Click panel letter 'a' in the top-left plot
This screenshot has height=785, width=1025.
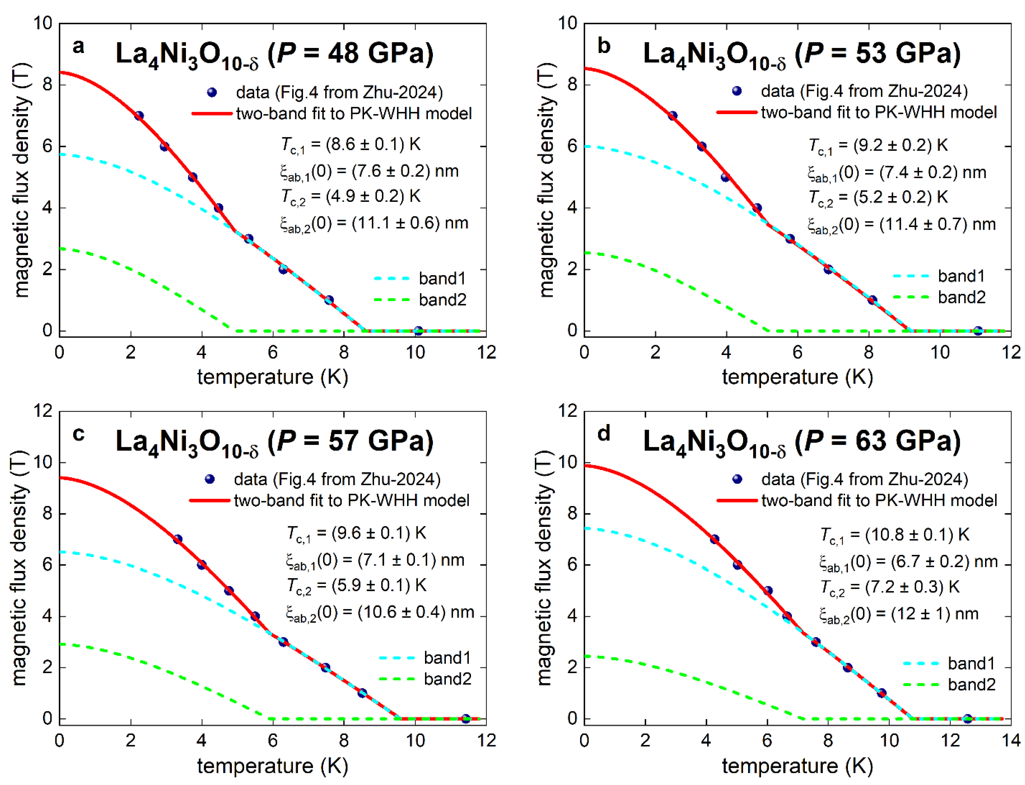coord(79,46)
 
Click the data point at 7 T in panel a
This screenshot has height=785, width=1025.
coord(139,116)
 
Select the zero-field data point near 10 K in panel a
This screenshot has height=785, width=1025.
coord(418,331)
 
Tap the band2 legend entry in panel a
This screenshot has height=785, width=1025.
coord(442,300)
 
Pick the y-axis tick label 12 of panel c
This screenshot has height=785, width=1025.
coord(43,411)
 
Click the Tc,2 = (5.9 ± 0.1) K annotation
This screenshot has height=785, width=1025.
coord(356,586)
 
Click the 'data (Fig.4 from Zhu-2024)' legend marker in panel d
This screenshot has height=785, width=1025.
coord(737,479)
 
